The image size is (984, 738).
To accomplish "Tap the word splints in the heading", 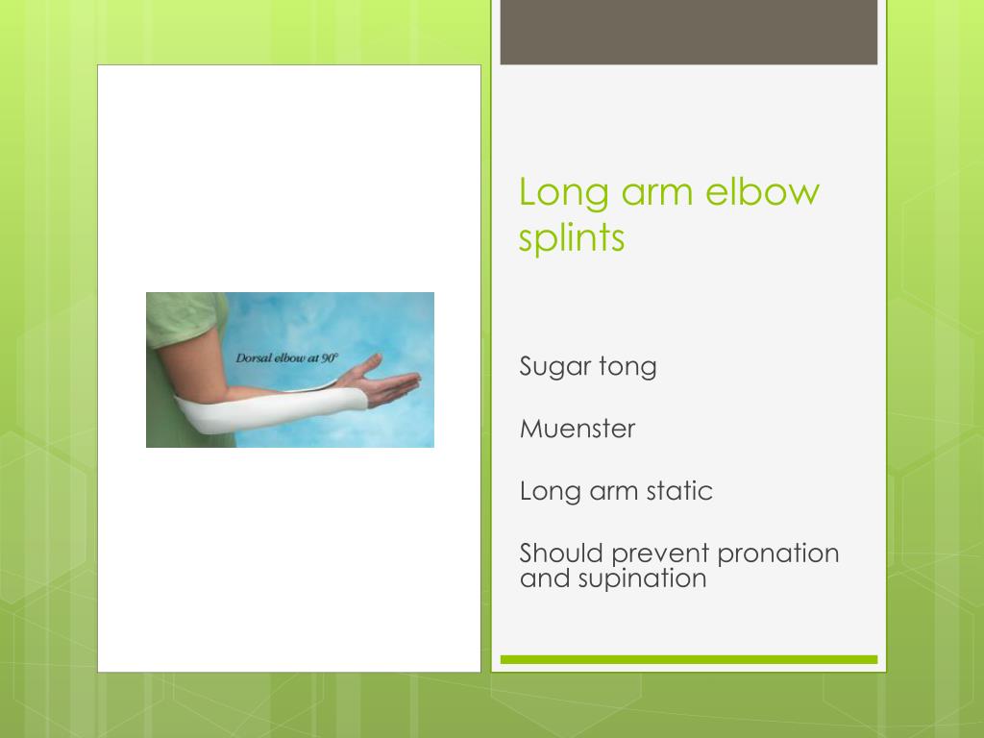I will (x=572, y=237).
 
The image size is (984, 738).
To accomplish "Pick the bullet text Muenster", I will (x=578, y=429).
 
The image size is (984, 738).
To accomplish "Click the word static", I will (x=677, y=491).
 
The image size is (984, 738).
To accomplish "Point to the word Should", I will (x=561, y=553).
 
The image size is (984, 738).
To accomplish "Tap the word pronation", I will (x=777, y=553).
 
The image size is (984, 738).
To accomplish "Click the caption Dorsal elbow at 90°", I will (x=287, y=357).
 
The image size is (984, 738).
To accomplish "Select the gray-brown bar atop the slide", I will (x=689, y=32).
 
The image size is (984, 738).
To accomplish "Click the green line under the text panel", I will (x=689, y=659).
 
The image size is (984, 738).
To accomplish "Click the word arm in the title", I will (x=658, y=191).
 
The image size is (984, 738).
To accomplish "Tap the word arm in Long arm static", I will (x=608, y=491).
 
